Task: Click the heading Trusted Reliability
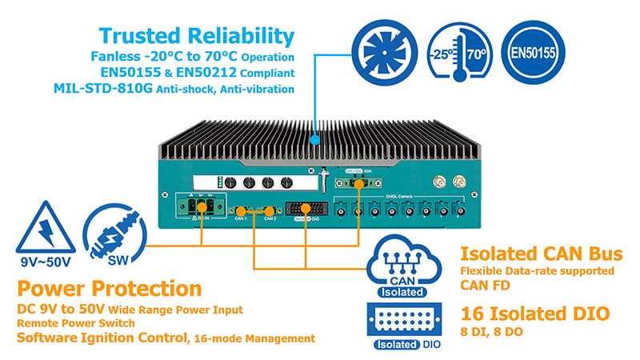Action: click(x=197, y=35)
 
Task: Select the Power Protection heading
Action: click(x=109, y=288)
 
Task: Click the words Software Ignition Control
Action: click(x=102, y=338)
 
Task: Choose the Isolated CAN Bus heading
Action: click(x=541, y=255)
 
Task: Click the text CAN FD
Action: click(x=490, y=284)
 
